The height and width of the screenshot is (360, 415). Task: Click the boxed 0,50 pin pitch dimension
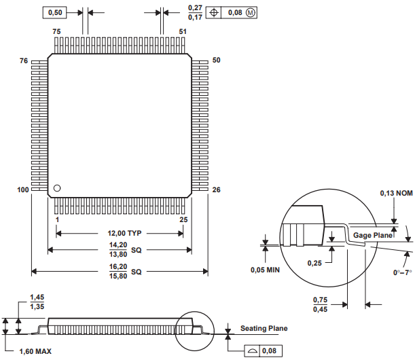tap(56, 12)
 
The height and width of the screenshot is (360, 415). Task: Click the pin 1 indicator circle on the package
tap(58, 188)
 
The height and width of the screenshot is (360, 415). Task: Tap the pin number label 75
tap(56, 32)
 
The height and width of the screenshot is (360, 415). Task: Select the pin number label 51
tap(183, 32)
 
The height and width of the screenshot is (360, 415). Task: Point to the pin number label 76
tap(24, 61)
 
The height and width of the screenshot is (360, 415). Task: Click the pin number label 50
tap(217, 60)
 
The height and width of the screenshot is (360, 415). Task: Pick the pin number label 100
tap(22, 190)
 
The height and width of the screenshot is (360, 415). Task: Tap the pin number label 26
tap(217, 190)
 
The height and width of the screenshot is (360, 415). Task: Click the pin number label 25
tap(183, 220)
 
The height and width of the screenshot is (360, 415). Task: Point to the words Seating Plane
tap(264, 329)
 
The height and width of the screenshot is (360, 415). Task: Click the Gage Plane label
tap(373, 234)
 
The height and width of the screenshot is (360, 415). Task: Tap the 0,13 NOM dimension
tap(395, 193)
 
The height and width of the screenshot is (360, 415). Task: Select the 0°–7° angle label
tap(402, 272)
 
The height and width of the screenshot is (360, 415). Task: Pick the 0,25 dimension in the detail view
tap(314, 263)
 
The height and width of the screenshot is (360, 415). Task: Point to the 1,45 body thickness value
tap(38, 298)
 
